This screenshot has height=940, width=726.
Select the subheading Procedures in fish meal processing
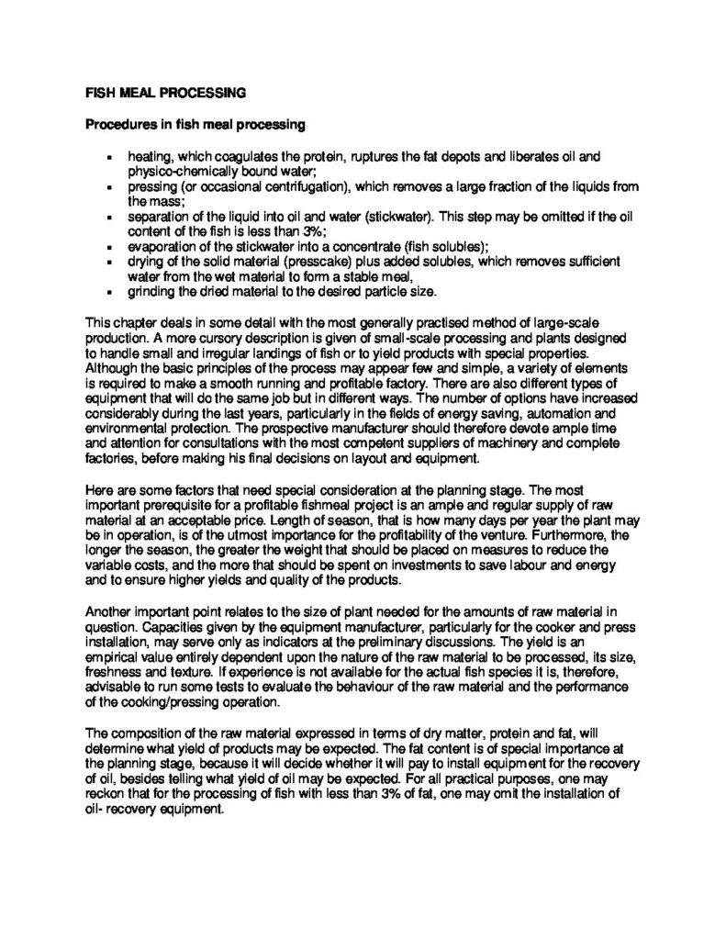pyautogui.click(x=195, y=124)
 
